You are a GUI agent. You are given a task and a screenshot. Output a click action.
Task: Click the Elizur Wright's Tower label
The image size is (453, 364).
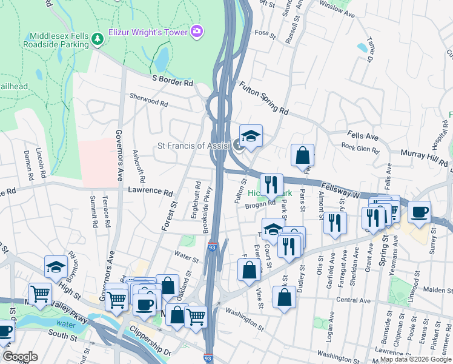(148, 32)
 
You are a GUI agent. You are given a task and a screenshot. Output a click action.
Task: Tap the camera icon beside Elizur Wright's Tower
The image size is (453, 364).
(196, 31)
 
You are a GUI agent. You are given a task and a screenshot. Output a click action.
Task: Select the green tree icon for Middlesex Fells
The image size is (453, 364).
(98, 39)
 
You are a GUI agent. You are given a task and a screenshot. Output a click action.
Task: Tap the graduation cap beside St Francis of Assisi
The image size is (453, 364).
(251, 136)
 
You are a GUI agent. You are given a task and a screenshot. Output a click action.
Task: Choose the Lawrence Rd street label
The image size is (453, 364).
(150, 190)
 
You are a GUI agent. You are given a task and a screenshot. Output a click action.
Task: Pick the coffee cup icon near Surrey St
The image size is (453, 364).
(419, 212)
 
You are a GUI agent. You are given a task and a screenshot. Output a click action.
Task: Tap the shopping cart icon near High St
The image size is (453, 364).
(40, 294)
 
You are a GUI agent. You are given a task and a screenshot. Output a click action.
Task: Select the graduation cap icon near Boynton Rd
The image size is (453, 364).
(56, 266)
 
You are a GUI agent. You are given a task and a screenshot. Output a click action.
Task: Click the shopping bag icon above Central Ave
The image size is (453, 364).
(284, 297)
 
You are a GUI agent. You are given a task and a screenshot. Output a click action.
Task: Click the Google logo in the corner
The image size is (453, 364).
(20, 357)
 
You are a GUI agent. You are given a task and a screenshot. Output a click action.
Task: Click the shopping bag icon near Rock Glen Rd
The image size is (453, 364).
(302, 155)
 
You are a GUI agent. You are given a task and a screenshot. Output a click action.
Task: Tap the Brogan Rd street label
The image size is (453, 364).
(260, 206)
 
